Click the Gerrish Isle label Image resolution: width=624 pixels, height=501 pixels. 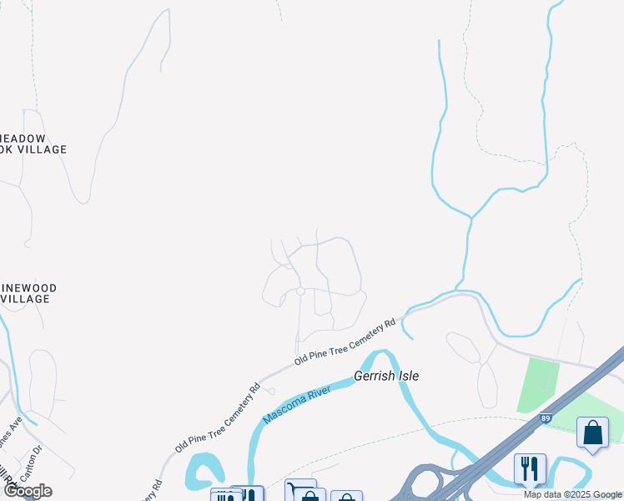point(386,377)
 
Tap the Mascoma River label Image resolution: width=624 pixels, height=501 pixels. point(304,400)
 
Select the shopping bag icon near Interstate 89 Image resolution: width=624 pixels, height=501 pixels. point(592,433)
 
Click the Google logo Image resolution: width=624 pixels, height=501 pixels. point(27,491)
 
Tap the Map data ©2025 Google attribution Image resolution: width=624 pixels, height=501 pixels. point(572,494)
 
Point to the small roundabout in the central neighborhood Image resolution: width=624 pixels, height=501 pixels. point(300,291)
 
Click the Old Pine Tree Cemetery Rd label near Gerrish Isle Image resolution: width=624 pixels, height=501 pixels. point(344,341)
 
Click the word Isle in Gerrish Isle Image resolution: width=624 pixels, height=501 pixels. point(406,377)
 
